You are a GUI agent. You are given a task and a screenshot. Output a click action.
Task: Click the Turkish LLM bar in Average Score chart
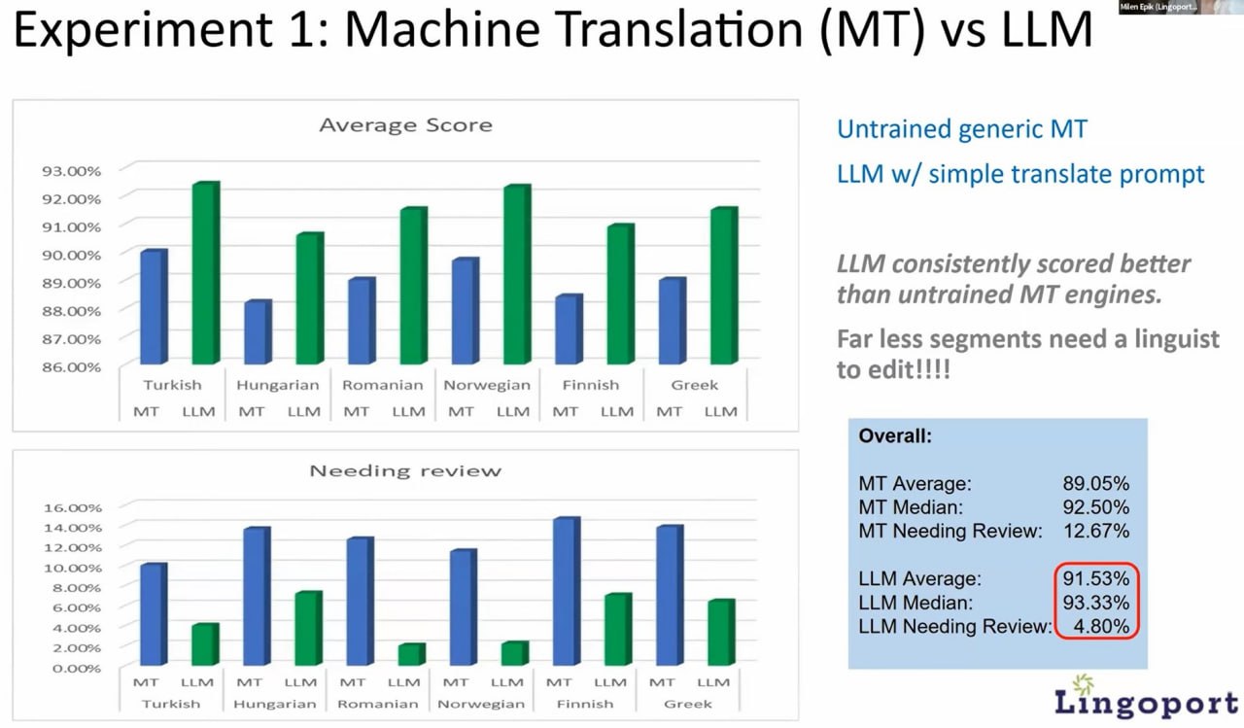(x=206, y=273)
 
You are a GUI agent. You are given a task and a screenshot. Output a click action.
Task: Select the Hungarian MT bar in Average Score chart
(x=259, y=332)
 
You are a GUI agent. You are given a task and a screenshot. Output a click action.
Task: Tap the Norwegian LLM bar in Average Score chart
(x=517, y=274)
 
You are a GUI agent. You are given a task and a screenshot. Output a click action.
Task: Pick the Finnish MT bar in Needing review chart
(x=567, y=591)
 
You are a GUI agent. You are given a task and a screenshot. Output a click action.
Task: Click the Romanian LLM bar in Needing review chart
(x=411, y=655)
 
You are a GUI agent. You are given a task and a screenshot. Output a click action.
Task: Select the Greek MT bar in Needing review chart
(x=670, y=595)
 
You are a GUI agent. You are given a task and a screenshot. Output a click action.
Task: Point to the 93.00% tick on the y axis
(x=72, y=171)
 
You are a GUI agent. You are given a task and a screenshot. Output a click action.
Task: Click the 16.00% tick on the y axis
(x=73, y=507)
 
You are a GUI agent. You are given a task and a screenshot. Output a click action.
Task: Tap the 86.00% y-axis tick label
(x=72, y=367)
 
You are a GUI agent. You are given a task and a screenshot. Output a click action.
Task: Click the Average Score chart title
(x=406, y=125)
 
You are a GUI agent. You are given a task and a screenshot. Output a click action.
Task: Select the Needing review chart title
(x=405, y=470)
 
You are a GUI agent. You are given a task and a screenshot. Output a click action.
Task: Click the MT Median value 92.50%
(x=1095, y=507)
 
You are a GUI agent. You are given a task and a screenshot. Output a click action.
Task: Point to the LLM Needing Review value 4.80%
(x=1101, y=626)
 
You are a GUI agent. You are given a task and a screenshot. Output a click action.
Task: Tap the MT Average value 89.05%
(x=1095, y=483)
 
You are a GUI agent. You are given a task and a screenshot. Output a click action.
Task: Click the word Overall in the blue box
(x=895, y=435)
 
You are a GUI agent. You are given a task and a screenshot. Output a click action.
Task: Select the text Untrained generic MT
(x=962, y=129)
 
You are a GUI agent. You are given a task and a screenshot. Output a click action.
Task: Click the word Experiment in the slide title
(x=142, y=30)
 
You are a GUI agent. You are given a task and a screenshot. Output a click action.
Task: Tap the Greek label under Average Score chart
(x=694, y=385)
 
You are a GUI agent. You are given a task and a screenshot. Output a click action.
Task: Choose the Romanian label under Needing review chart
(x=378, y=704)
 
